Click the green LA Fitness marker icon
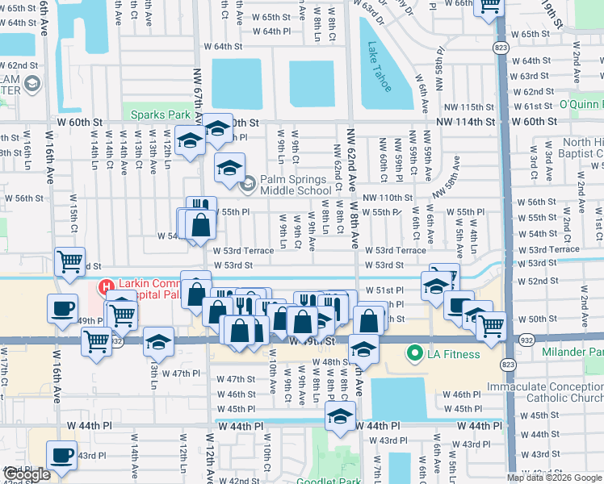[416, 353]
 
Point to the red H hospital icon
[105, 286]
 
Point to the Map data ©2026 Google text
[554, 478]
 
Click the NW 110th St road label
[387, 198]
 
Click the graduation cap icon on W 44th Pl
[340, 417]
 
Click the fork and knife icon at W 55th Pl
[201, 209]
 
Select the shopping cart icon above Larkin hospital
[69, 261]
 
